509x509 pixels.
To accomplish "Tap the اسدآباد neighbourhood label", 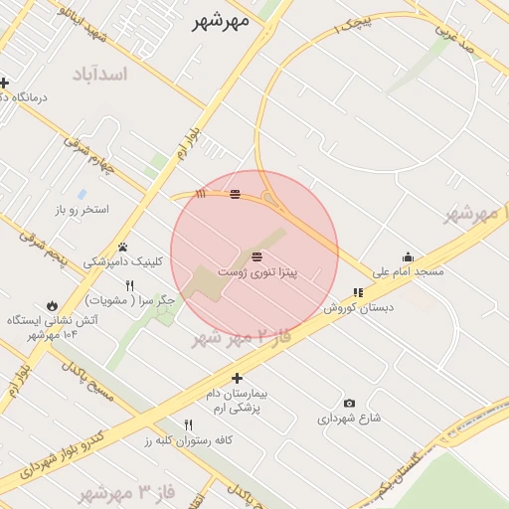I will [100, 75].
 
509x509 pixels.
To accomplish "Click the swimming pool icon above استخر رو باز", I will [81, 194].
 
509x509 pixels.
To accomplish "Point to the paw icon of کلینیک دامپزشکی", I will [123, 247].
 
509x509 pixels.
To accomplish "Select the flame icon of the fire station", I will [52, 305].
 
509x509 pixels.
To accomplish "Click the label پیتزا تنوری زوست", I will [257, 269].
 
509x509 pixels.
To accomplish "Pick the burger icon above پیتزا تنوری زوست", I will [256, 255].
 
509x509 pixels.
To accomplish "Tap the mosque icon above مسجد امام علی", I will [407, 256].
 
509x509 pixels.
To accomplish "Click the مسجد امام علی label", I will [409, 270].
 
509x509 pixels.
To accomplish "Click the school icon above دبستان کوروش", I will [357, 292].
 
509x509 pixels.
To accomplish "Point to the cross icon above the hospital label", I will [237, 378].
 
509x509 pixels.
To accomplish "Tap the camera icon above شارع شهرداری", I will [349, 403].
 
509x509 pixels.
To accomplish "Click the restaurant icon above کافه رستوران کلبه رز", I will [188, 424].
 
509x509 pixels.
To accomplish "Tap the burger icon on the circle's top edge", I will [235, 194].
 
